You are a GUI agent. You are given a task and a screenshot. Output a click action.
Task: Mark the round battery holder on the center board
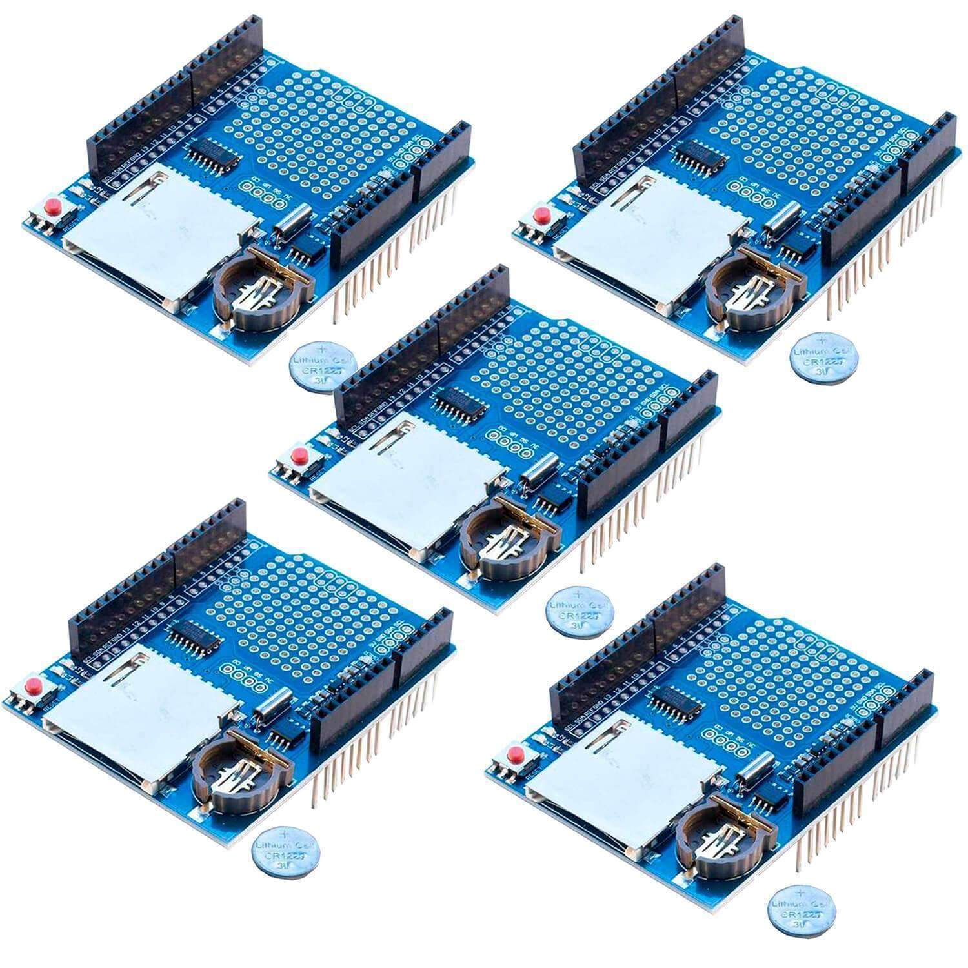pyautogui.click(x=507, y=535)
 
